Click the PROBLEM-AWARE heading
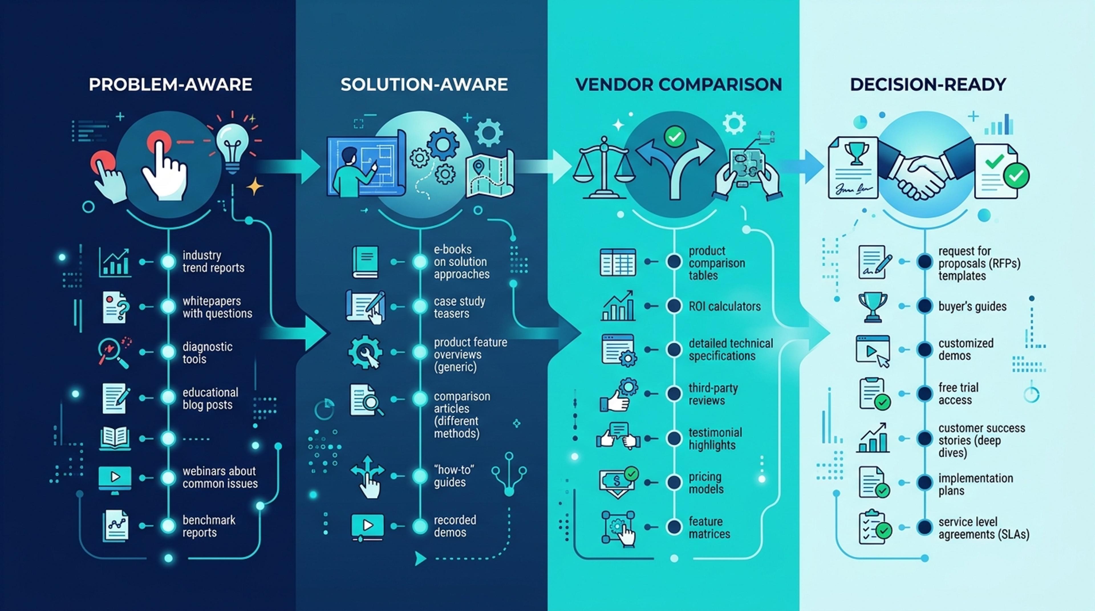(171, 85)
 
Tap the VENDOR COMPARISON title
(678, 85)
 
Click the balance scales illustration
(604, 168)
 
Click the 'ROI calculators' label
(724, 306)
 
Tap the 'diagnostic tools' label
(207, 353)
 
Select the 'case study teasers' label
(459, 307)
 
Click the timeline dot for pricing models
(674, 482)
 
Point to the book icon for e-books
(365, 262)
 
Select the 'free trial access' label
(958, 394)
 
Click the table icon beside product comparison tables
(618, 262)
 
